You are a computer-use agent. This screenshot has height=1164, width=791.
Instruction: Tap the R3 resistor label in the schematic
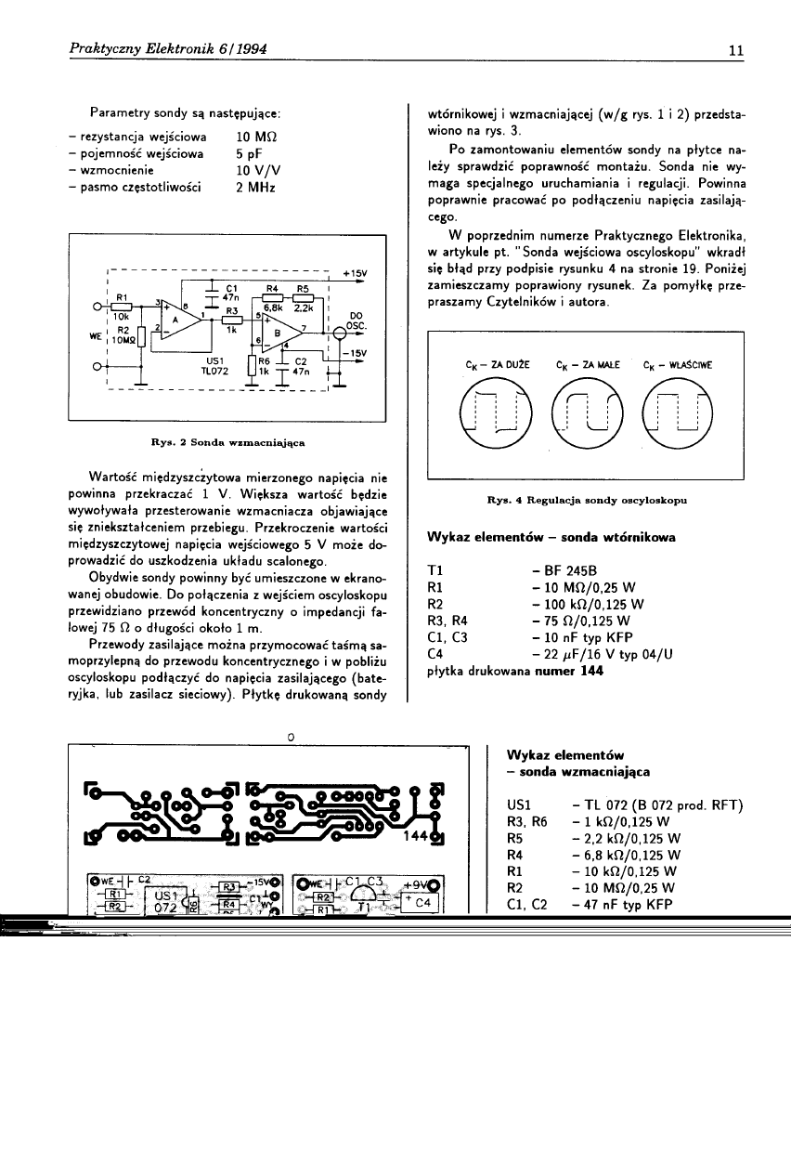pyautogui.click(x=233, y=310)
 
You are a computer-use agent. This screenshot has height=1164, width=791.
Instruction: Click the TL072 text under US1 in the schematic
pyautogui.click(x=215, y=369)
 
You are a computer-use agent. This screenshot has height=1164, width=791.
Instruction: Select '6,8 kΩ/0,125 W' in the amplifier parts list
pyautogui.click(x=629, y=856)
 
